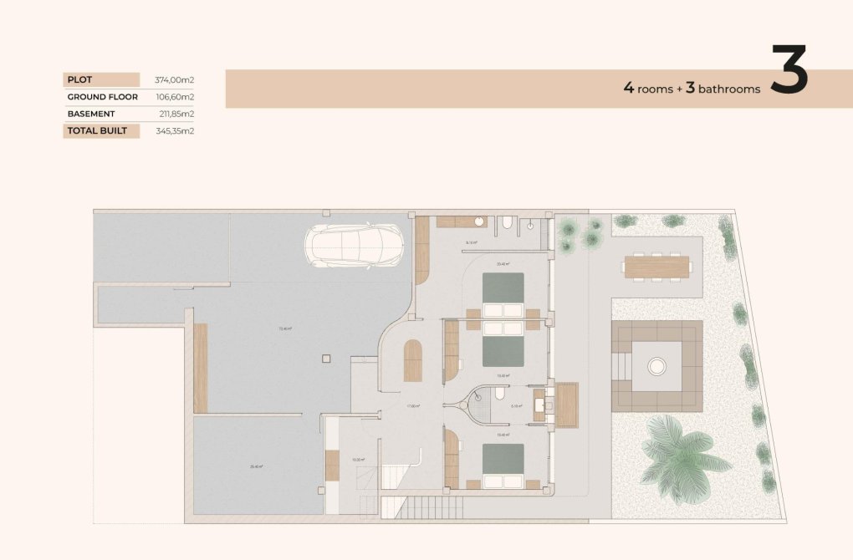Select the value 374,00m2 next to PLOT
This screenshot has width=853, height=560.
[x=174, y=80]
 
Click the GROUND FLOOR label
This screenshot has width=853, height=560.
[x=102, y=97]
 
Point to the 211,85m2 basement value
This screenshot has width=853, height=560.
[x=176, y=114]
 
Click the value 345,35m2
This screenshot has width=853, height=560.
[x=174, y=131]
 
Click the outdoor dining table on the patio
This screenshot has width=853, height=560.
[x=656, y=267]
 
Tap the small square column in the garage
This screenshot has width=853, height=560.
[x=325, y=359]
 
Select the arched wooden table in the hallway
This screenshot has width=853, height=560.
[x=412, y=361]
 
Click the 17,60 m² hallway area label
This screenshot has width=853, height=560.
[x=412, y=406]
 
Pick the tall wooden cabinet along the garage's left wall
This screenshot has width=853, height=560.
[x=200, y=368]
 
